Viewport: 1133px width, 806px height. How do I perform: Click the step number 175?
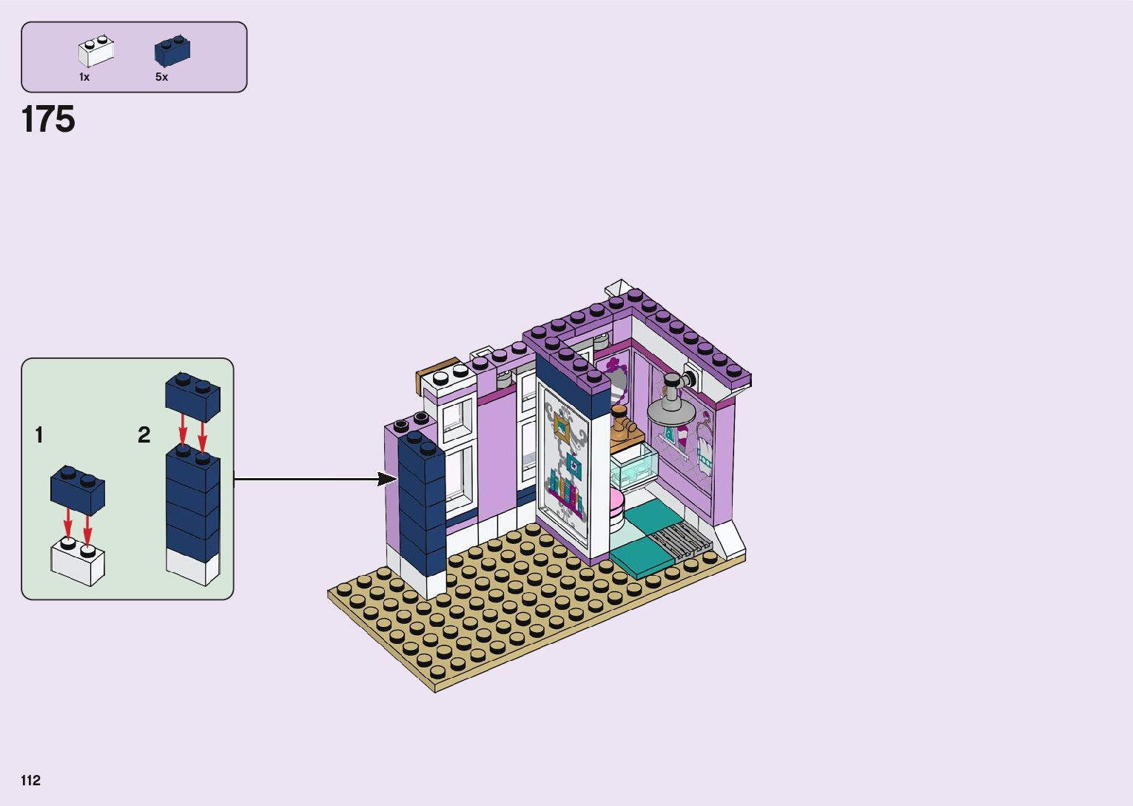click(x=48, y=119)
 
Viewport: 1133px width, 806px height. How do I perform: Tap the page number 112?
click(x=31, y=780)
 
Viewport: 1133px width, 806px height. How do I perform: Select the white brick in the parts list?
click(x=96, y=51)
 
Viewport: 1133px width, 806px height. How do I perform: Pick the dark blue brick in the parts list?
click(x=172, y=50)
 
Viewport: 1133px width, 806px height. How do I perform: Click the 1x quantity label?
click(x=84, y=77)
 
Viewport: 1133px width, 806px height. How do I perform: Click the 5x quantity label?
click(x=161, y=77)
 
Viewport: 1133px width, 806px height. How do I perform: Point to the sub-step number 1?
click(x=39, y=435)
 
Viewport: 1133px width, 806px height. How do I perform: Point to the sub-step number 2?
click(x=144, y=435)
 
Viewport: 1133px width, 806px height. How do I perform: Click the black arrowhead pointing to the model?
click(x=387, y=479)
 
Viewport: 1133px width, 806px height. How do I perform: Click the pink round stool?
click(x=616, y=508)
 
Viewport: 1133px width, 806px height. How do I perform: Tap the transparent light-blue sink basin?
click(x=633, y=465)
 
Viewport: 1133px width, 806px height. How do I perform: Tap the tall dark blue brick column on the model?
click(x=421, y=503)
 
